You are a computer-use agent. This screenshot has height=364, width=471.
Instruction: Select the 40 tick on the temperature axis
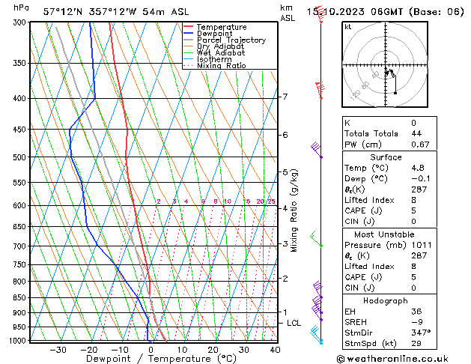(x=275, y=349)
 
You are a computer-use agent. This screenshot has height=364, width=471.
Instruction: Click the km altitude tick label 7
(x=285, y=97)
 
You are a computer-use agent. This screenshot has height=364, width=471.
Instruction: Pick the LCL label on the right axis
(x=294, y=323)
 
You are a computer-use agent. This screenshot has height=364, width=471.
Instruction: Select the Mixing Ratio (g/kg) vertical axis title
(x=294, y=210)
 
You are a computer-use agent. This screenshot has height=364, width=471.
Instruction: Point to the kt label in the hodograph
(x=348, y=27)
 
